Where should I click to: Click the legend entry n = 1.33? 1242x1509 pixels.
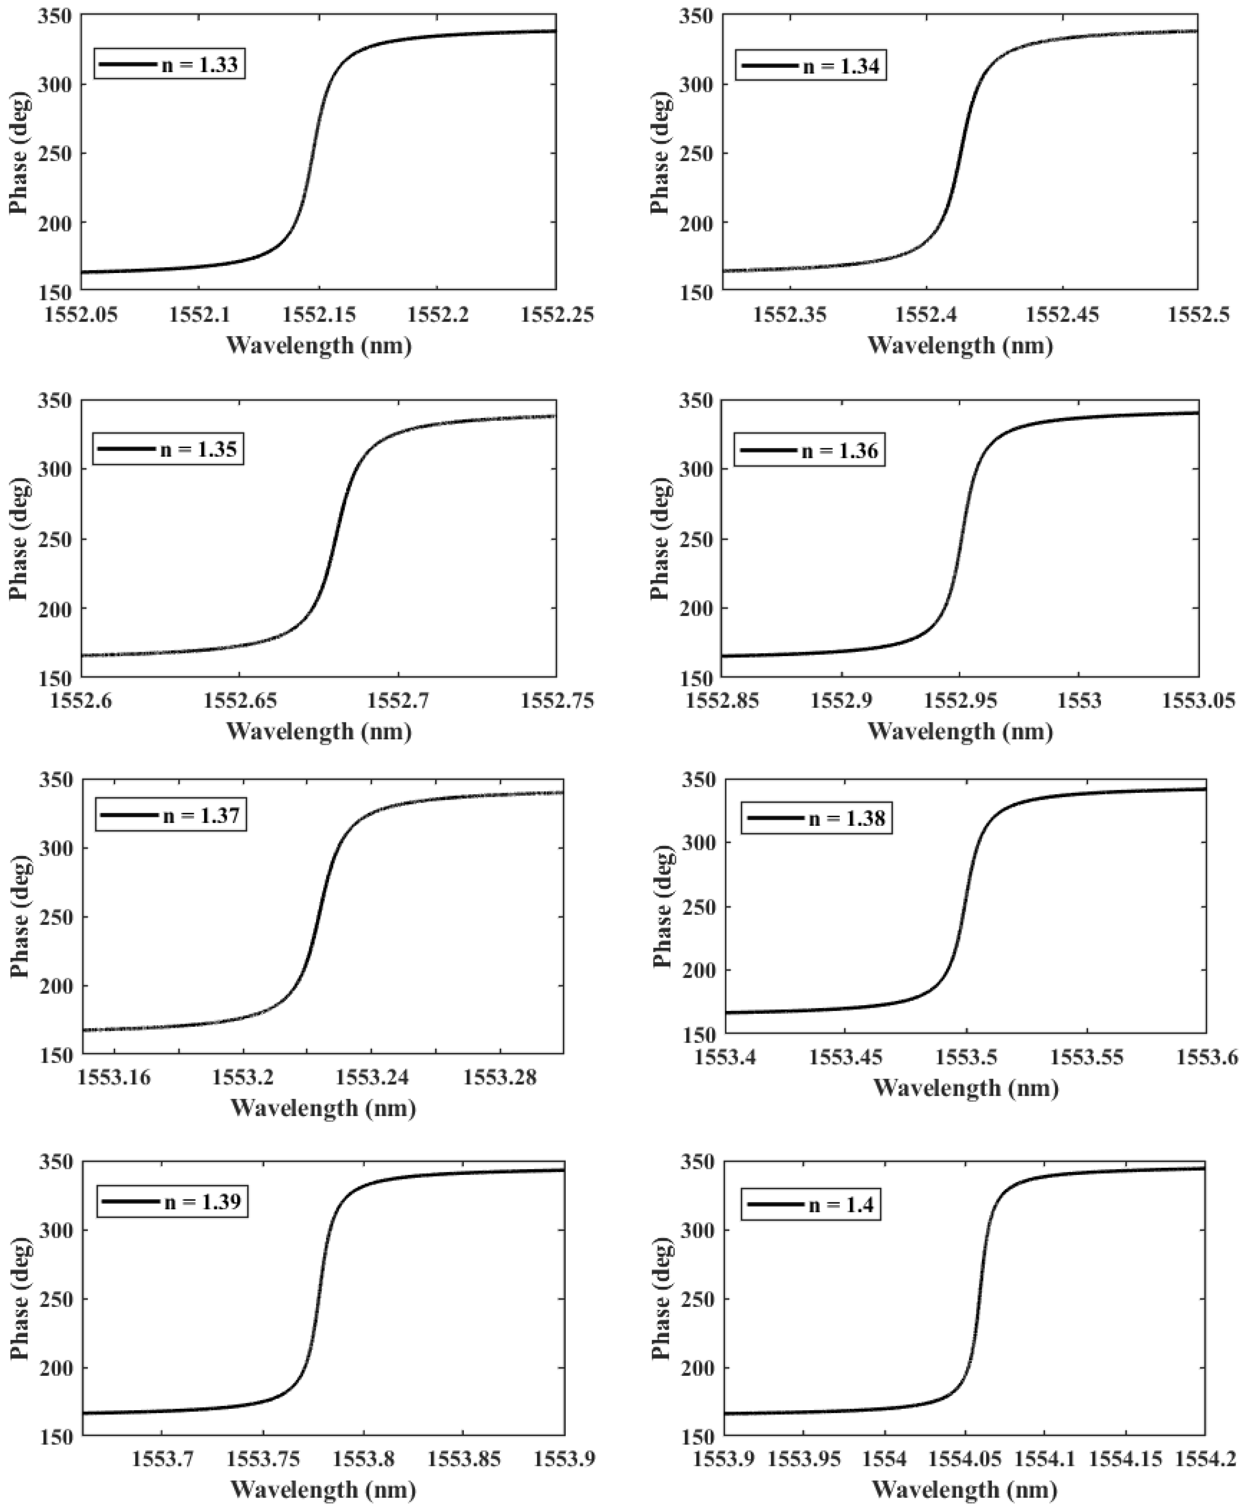170,64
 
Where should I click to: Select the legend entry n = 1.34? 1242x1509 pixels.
811,66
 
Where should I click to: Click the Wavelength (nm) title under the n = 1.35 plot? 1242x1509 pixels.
319,731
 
